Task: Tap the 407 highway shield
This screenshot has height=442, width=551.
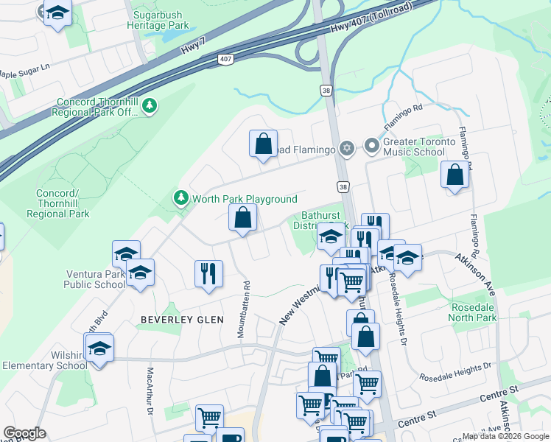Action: [x=225, y=58]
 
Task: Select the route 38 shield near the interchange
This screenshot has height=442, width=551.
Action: [x=326, y=90]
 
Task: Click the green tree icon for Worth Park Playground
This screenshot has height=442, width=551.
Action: [x=180, y=198]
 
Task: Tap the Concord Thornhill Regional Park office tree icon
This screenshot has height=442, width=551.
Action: [x=150, y=107]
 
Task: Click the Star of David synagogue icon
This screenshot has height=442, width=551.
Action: [x=347, y=149]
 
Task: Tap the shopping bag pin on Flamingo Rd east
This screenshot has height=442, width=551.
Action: [x=455, y=175]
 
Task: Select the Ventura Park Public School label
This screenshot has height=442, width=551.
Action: [x=94, y=279]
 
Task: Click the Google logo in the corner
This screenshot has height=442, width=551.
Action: [x=24, y=433]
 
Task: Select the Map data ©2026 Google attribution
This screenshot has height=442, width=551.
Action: [x=505, y=436]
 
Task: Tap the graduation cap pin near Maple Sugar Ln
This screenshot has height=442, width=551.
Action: [x=57, y=13]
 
